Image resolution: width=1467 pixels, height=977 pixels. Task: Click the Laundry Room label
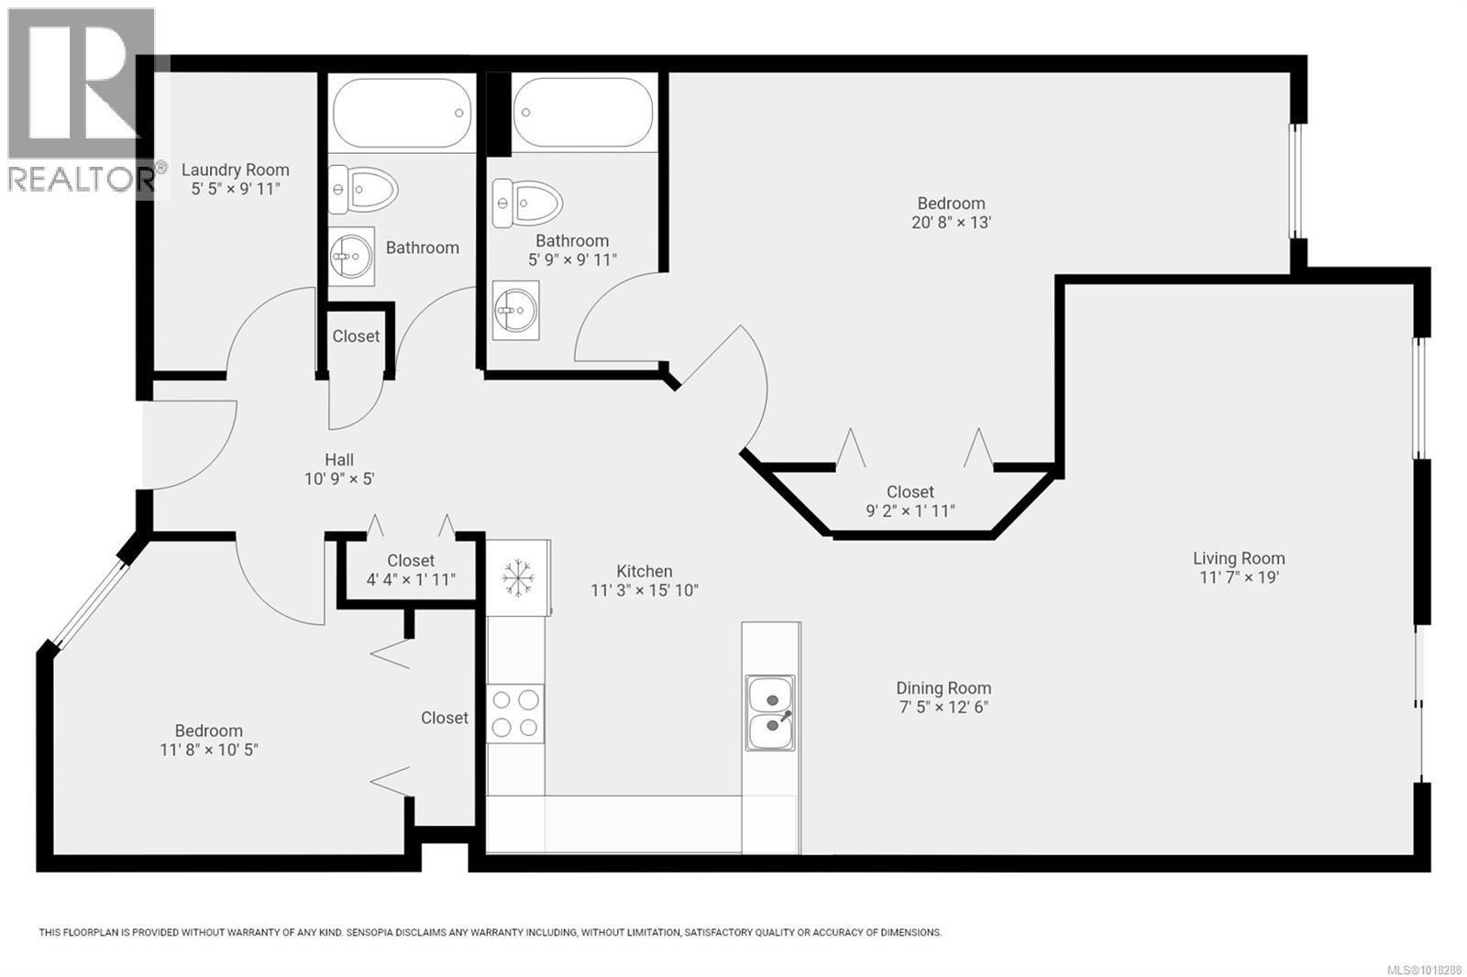coord(235,170)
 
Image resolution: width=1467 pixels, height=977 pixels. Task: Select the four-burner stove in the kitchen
coord(515,713)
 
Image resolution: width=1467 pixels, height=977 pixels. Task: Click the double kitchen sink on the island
coord(770,713)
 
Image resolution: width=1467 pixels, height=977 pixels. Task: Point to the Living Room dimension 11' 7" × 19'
coord(1239,577)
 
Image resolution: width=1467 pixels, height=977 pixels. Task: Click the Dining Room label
coord(943,688)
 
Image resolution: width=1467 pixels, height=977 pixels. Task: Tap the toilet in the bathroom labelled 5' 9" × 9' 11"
coord(528,202)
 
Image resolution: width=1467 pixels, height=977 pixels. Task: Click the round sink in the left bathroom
coord(350,256)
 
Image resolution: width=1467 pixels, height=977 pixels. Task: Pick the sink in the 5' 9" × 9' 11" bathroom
coord(515,310)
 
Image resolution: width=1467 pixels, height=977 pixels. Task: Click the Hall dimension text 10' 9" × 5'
coord(339,478)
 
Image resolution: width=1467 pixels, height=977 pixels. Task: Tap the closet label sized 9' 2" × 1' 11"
coord(910,510)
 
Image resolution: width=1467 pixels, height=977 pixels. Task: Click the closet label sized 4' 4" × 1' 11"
coord(410,579)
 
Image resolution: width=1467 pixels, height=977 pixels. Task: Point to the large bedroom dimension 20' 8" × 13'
coord(951,222)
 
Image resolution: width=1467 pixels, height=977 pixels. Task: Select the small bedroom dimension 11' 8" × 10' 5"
coord(208,750)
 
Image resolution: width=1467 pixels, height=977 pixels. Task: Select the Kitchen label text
coord(644,571)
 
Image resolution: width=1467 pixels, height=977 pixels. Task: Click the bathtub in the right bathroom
coord(582,113)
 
